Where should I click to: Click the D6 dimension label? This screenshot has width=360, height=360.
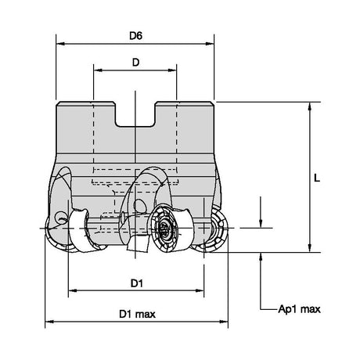(x=135, y=36)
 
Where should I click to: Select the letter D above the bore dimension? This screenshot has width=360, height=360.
(x=135, y=63)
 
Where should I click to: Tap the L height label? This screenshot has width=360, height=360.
(x=317, y=178)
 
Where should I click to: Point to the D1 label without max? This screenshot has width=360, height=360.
(x=137, y=283)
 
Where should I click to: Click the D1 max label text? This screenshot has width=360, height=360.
(x=137, y=314)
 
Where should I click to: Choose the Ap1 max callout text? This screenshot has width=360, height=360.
(x=299, y=309)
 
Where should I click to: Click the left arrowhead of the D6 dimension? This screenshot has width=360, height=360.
(x=60, y=44)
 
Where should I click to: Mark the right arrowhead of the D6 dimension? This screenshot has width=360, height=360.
(x=210, y=44)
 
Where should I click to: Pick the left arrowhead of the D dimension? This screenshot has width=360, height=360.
(x=98, y=70)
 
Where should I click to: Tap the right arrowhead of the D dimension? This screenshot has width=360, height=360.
(x=172, y=70)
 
